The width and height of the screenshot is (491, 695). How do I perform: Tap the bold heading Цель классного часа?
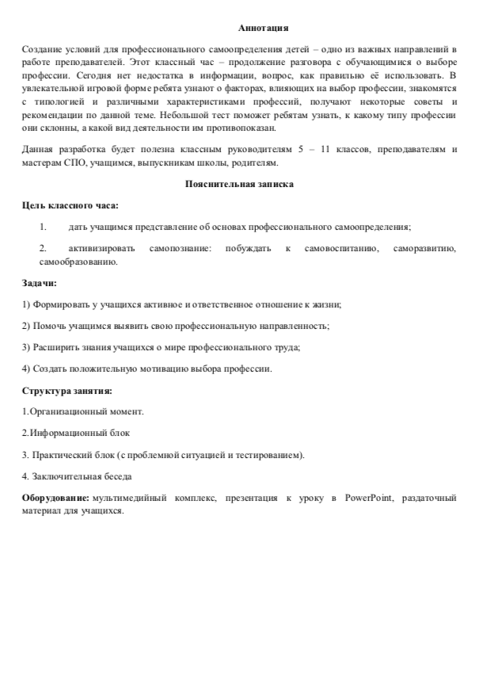[70, 205]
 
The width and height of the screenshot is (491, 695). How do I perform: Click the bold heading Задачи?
[39, 282]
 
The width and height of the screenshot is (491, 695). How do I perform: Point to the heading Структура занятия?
[67, 390]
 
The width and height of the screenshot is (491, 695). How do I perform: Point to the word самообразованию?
[78, 261]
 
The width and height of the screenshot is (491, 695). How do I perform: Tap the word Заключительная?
[64, 476]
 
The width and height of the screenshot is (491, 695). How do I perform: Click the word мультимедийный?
[128, 498]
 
